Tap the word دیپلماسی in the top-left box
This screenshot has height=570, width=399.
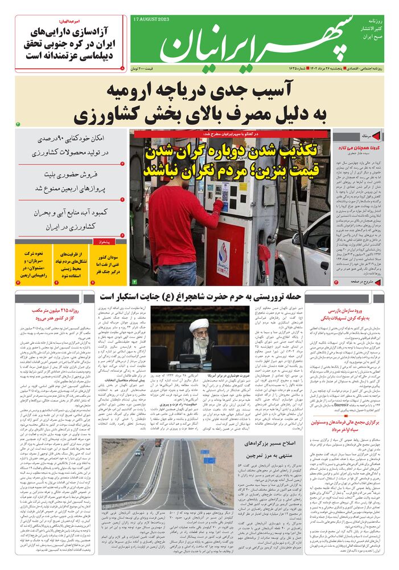97,55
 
